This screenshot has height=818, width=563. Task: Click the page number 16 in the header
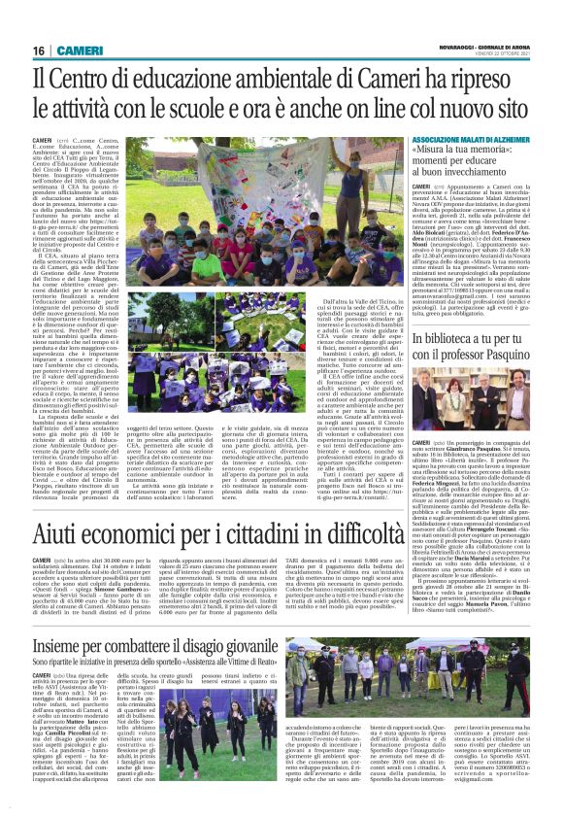pos(39,50)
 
